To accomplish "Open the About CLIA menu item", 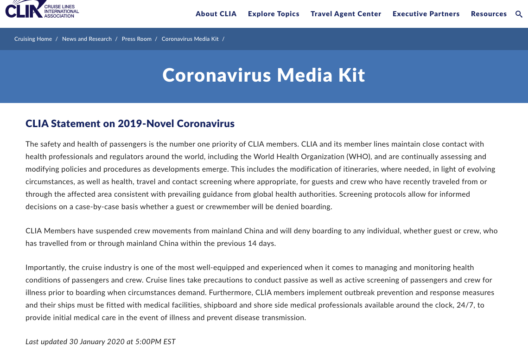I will click(216, 14).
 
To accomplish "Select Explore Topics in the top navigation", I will click(274, 14).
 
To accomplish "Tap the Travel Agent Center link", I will click(346, 14).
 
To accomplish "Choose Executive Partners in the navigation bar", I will click(426, 14).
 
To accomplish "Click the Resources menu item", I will click(489, 14).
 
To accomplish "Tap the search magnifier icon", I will click(519, 14).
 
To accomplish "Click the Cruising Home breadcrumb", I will click(33, 39).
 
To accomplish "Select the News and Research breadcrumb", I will click(87, 39).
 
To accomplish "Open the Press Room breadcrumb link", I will click(136, 39).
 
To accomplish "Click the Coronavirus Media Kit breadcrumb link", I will click(190, 39).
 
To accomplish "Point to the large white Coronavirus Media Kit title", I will click(264, 75).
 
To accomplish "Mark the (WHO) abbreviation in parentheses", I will click(356, 157).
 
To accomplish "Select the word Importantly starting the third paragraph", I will click(45, 268).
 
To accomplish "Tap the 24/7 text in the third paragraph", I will click(464, 305).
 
